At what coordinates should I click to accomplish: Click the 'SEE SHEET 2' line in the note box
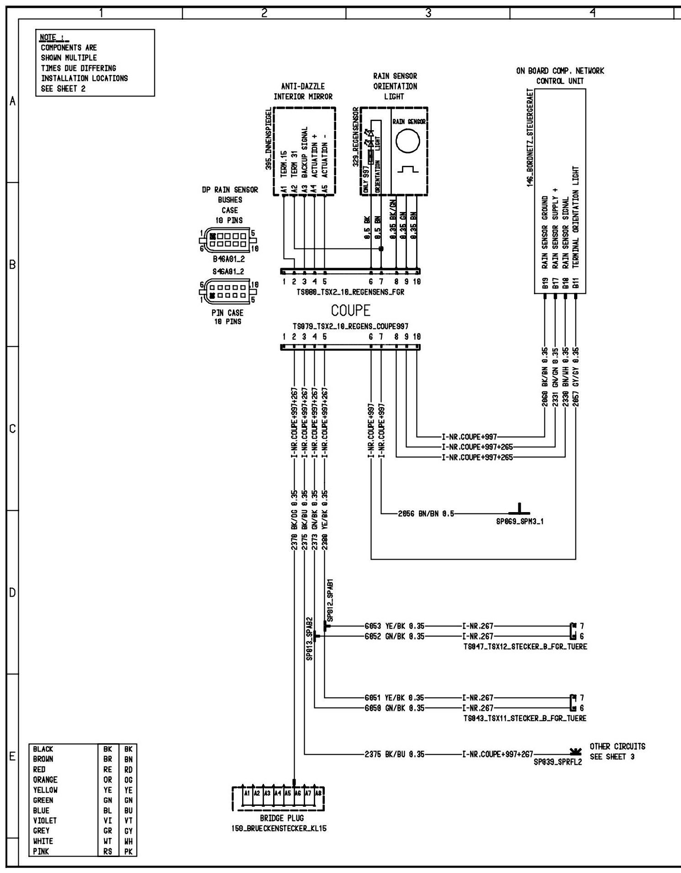tap(63, 89)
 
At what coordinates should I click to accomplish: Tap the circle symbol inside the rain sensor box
tap(407, 142)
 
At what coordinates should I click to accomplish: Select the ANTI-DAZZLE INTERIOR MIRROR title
tap(303, 91)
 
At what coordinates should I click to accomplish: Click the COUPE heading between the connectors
tap(351, 311)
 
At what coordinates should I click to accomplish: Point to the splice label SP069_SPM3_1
tap(520, 521)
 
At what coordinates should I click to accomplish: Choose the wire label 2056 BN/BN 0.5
tap(426, 513)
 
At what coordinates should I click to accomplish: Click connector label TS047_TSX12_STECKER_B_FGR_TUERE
tap(525, 646)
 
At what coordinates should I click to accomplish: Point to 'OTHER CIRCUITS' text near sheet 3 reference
tap(618, 746)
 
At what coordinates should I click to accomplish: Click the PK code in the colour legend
tap(128, 852)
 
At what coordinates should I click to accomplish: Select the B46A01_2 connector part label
tap(229, 259)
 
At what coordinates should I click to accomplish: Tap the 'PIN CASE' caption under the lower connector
tap(227, 313)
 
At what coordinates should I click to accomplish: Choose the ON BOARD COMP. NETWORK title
tap(560, 71)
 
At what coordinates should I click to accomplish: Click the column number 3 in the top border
tap(428, 13)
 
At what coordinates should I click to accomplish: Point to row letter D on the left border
tap(12, 593)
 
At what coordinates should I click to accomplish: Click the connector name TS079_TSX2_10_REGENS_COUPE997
tap(350, 327)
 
